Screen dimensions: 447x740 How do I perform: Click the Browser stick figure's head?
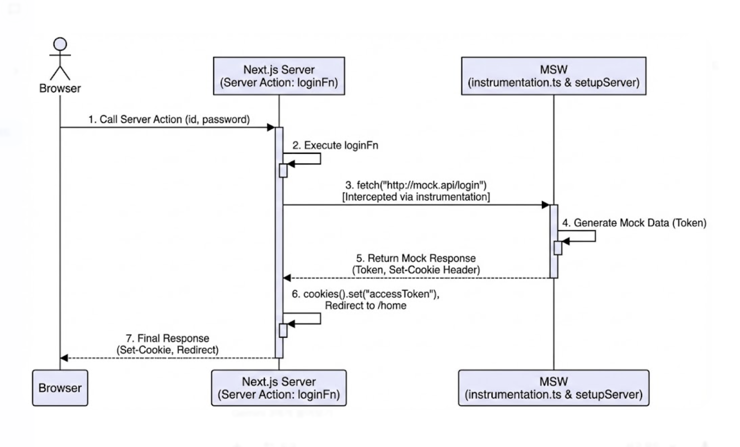point(60,44)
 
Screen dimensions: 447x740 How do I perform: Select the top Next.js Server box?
point(279,76)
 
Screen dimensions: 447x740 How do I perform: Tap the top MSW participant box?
point(553,76)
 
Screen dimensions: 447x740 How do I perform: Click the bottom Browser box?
point(60,388)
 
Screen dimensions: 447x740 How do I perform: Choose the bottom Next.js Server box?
point(279,388)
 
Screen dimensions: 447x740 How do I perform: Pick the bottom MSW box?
point(553,388)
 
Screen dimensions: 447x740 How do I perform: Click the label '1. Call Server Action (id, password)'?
point(169,119)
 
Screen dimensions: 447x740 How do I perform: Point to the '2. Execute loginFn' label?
point(335,145)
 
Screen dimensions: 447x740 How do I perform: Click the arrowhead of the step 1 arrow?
point(271,128)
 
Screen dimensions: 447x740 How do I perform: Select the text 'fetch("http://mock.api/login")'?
point(421,185)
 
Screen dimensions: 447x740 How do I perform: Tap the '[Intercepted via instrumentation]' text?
point(416,197)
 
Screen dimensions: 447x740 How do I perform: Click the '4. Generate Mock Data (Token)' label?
point(634,223)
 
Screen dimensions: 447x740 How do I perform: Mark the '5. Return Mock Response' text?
point(416,258)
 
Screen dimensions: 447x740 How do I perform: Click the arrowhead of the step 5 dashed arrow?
point(287,278)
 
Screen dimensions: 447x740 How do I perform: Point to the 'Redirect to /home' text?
point(366,305)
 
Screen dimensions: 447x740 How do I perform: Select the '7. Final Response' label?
point(167,338)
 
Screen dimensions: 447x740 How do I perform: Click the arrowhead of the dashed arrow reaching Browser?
point(64,358)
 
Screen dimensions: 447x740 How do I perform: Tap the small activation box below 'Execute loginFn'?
point(283,170)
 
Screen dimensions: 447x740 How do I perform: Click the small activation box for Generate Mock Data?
point(558,248)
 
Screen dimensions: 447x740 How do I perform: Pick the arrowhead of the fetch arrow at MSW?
point(545,205)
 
